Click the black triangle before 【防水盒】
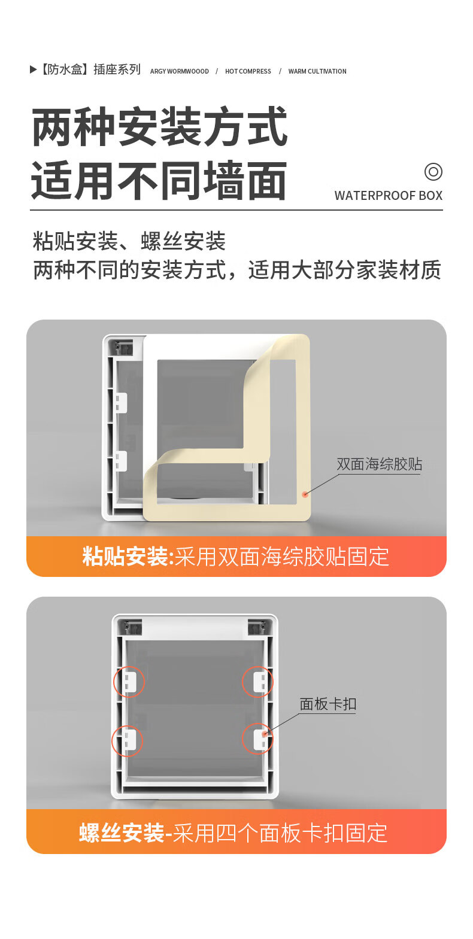coord(33,69)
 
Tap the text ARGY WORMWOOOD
coord(180,71)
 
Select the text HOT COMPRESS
coord(248,71)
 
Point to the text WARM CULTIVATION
coord(317,71)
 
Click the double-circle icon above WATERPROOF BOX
coord(433,171)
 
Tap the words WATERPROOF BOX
coord(389,195)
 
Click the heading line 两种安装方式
coord(159,127)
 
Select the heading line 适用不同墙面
coord(159,181)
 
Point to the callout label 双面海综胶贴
coord(379,464)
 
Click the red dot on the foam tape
coord(305,494)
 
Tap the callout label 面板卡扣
coord(328,704)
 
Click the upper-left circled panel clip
coord(129,682)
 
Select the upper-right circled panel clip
coord(257,681)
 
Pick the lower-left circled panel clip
coord(127,741)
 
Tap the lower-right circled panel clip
coord(257,739)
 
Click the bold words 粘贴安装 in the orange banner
coord(125,556)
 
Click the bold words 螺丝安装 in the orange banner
coord(122,832)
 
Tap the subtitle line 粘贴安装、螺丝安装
coord(129,241)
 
